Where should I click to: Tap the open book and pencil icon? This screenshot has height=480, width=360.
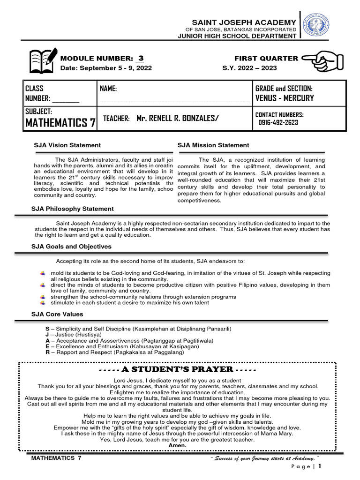(44, 60)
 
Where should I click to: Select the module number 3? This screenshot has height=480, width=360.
(140, 58)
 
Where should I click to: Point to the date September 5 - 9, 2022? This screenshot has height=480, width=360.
(106, 68)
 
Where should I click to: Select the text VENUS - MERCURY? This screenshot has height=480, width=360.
(285, 98)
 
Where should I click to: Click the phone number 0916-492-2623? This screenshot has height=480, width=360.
(278, 122)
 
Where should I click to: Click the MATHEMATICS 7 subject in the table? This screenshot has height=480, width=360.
(60, 123)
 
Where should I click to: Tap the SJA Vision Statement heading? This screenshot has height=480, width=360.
(67, 145)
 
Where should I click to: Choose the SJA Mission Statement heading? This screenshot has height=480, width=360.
(213, 145)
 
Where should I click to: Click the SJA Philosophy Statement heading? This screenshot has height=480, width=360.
(73, 209)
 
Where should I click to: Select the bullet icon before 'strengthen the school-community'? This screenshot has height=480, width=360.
(42, 297)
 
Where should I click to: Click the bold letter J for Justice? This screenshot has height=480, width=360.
(47, 335)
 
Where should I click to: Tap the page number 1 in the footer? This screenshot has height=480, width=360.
(320, 466)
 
